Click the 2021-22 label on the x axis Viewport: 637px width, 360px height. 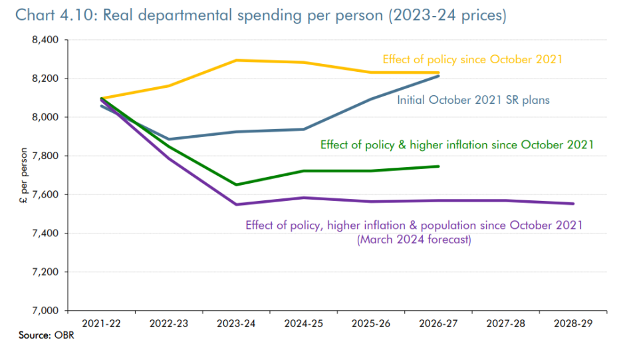click(x=101, y=323)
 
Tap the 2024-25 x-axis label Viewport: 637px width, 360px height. click(x=303, y=323)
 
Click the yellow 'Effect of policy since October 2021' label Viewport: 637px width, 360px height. click(x=472, y=59)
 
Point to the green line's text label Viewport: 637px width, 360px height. click(x=457, y=144)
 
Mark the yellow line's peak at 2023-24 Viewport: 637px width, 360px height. click(x=236, y=61)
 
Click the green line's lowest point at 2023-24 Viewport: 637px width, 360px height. click(x=236, y=184)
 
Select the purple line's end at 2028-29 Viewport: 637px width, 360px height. click(x=573, y=204)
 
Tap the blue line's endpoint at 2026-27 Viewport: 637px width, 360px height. click(x=439, y=76)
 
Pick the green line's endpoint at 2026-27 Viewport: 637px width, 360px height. click(x=439, y=166)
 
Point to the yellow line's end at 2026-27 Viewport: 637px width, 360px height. click(x=439, y=73)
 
